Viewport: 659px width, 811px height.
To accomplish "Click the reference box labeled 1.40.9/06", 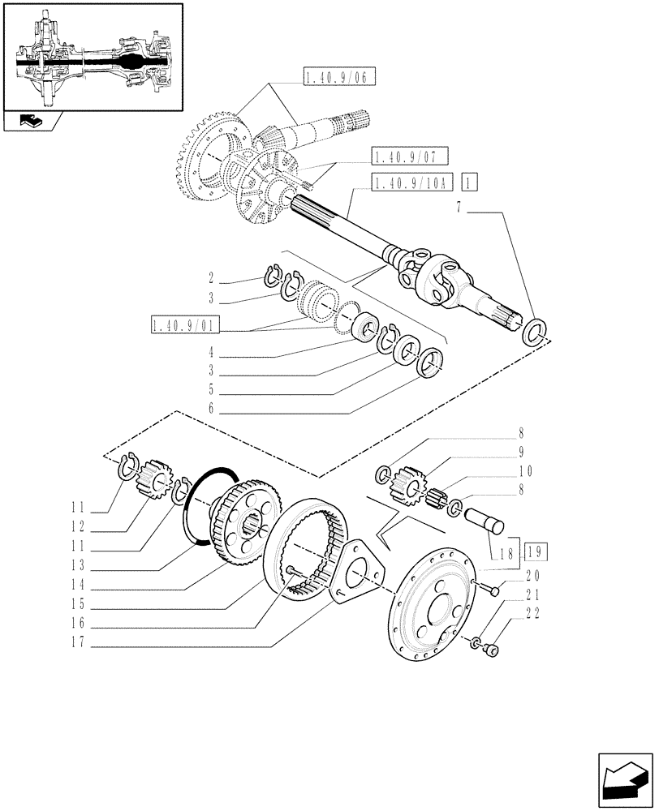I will tap(339, 78).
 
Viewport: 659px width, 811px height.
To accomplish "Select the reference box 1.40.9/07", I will tap(410, 157).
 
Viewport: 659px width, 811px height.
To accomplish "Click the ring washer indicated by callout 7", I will tap(535, 332).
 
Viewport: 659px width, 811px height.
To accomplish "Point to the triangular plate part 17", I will tap(351, 572).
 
